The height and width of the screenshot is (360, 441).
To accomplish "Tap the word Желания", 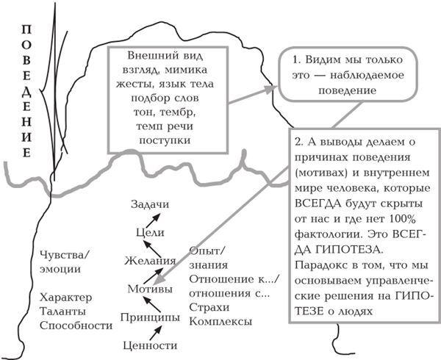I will (149, 260).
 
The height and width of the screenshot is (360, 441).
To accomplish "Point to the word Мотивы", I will (150, 288).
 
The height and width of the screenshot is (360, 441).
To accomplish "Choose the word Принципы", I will (150, 317).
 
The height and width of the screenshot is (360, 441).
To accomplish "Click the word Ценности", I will (151, 345).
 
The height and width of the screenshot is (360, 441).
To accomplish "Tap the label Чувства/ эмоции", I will (67, 262).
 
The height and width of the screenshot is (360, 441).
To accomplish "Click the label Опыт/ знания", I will (208, 257).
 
